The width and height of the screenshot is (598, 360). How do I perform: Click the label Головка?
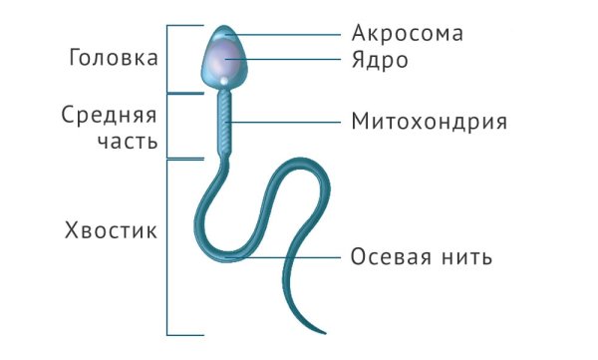pyautogui.click(x=113, y=57)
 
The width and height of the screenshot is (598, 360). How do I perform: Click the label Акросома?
pyautogui.click(x=408, y=33)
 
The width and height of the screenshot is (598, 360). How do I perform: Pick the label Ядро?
pyautogui.click(x=381, y=60)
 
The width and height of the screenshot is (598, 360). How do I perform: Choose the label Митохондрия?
pyautogui.click(x=430, y=123)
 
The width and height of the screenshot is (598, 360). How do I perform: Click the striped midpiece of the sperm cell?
pyautogui.click(x=226, y=125)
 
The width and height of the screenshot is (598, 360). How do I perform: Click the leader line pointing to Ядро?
pyautogui.click(x=289, y=60)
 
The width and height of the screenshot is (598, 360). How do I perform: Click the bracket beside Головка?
pyautogui.click(x=167, y=58)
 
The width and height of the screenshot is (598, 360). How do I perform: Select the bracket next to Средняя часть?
pyautogui.click(x=167, y=126)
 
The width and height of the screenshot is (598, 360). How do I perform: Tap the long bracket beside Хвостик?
pyautogui.click(x=167, y=246)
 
